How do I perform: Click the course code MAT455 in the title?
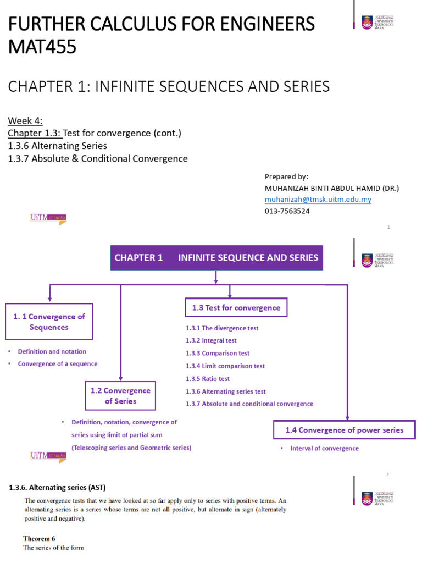pyautogui.click(x=42, y=47)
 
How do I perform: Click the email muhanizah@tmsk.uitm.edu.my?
pyautogui.click(x=318, y=200)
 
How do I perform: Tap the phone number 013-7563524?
pyautogui.click(x=287, y=211)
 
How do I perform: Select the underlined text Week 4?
pyautogui.click(x=25, y=121)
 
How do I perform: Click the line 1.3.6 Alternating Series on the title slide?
pyautogui.click(x=57, y=146)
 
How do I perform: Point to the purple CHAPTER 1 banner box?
pyautogui.click(x=216, y=257)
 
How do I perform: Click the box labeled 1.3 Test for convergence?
pyautogui.click(x=236, y=308)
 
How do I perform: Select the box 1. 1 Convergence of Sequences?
pyautogui.click(x=49, y=322)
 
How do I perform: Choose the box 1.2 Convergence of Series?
pyautogui.click(x=120, y=396)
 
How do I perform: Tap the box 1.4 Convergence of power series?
pyautogui.click(x=344, y=430)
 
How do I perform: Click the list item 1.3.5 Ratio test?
pyautogui.click(x=208, y=379)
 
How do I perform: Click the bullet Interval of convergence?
pyautogui.click(x=324, y=449)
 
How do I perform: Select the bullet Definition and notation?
pyautogui.click(x=52, y=351)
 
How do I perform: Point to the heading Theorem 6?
pyautogui.click(x=39, y=538)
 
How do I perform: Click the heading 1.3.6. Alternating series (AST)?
pyautogui.click(x=57, y=488)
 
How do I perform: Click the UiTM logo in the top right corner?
pyautogui.click(x=377, y=22)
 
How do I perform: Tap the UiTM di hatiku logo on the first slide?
pyautogui.click(x=48, y=218)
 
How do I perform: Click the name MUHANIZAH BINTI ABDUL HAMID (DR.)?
pyautogui.click(x=331, y=188)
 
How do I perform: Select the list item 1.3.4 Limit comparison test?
pyautogui.click(x=225, y=366)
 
